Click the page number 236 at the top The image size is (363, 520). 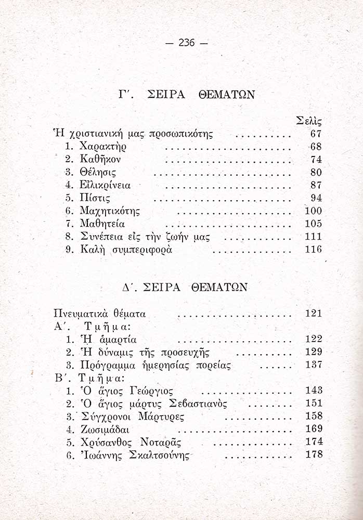[186, 43]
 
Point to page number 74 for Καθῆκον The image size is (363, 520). [316, 159]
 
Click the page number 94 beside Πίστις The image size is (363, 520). [316, 198]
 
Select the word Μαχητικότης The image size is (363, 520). [110, 211]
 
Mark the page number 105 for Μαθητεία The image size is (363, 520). [314, 224]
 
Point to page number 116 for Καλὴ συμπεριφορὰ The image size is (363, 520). [314, 250]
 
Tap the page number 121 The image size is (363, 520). [314, 313]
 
